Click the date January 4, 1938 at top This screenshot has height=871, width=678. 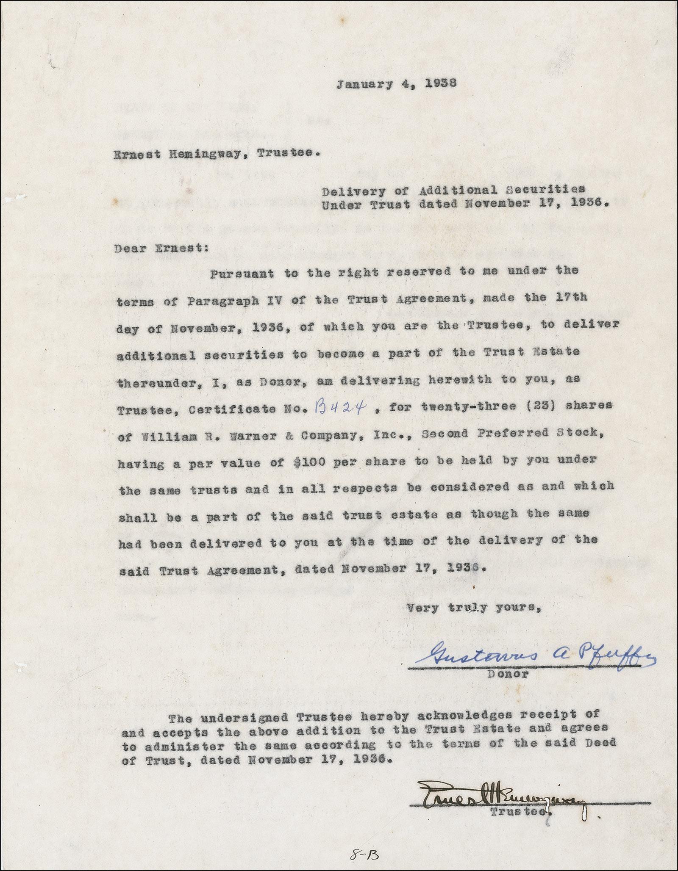[396, 84]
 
